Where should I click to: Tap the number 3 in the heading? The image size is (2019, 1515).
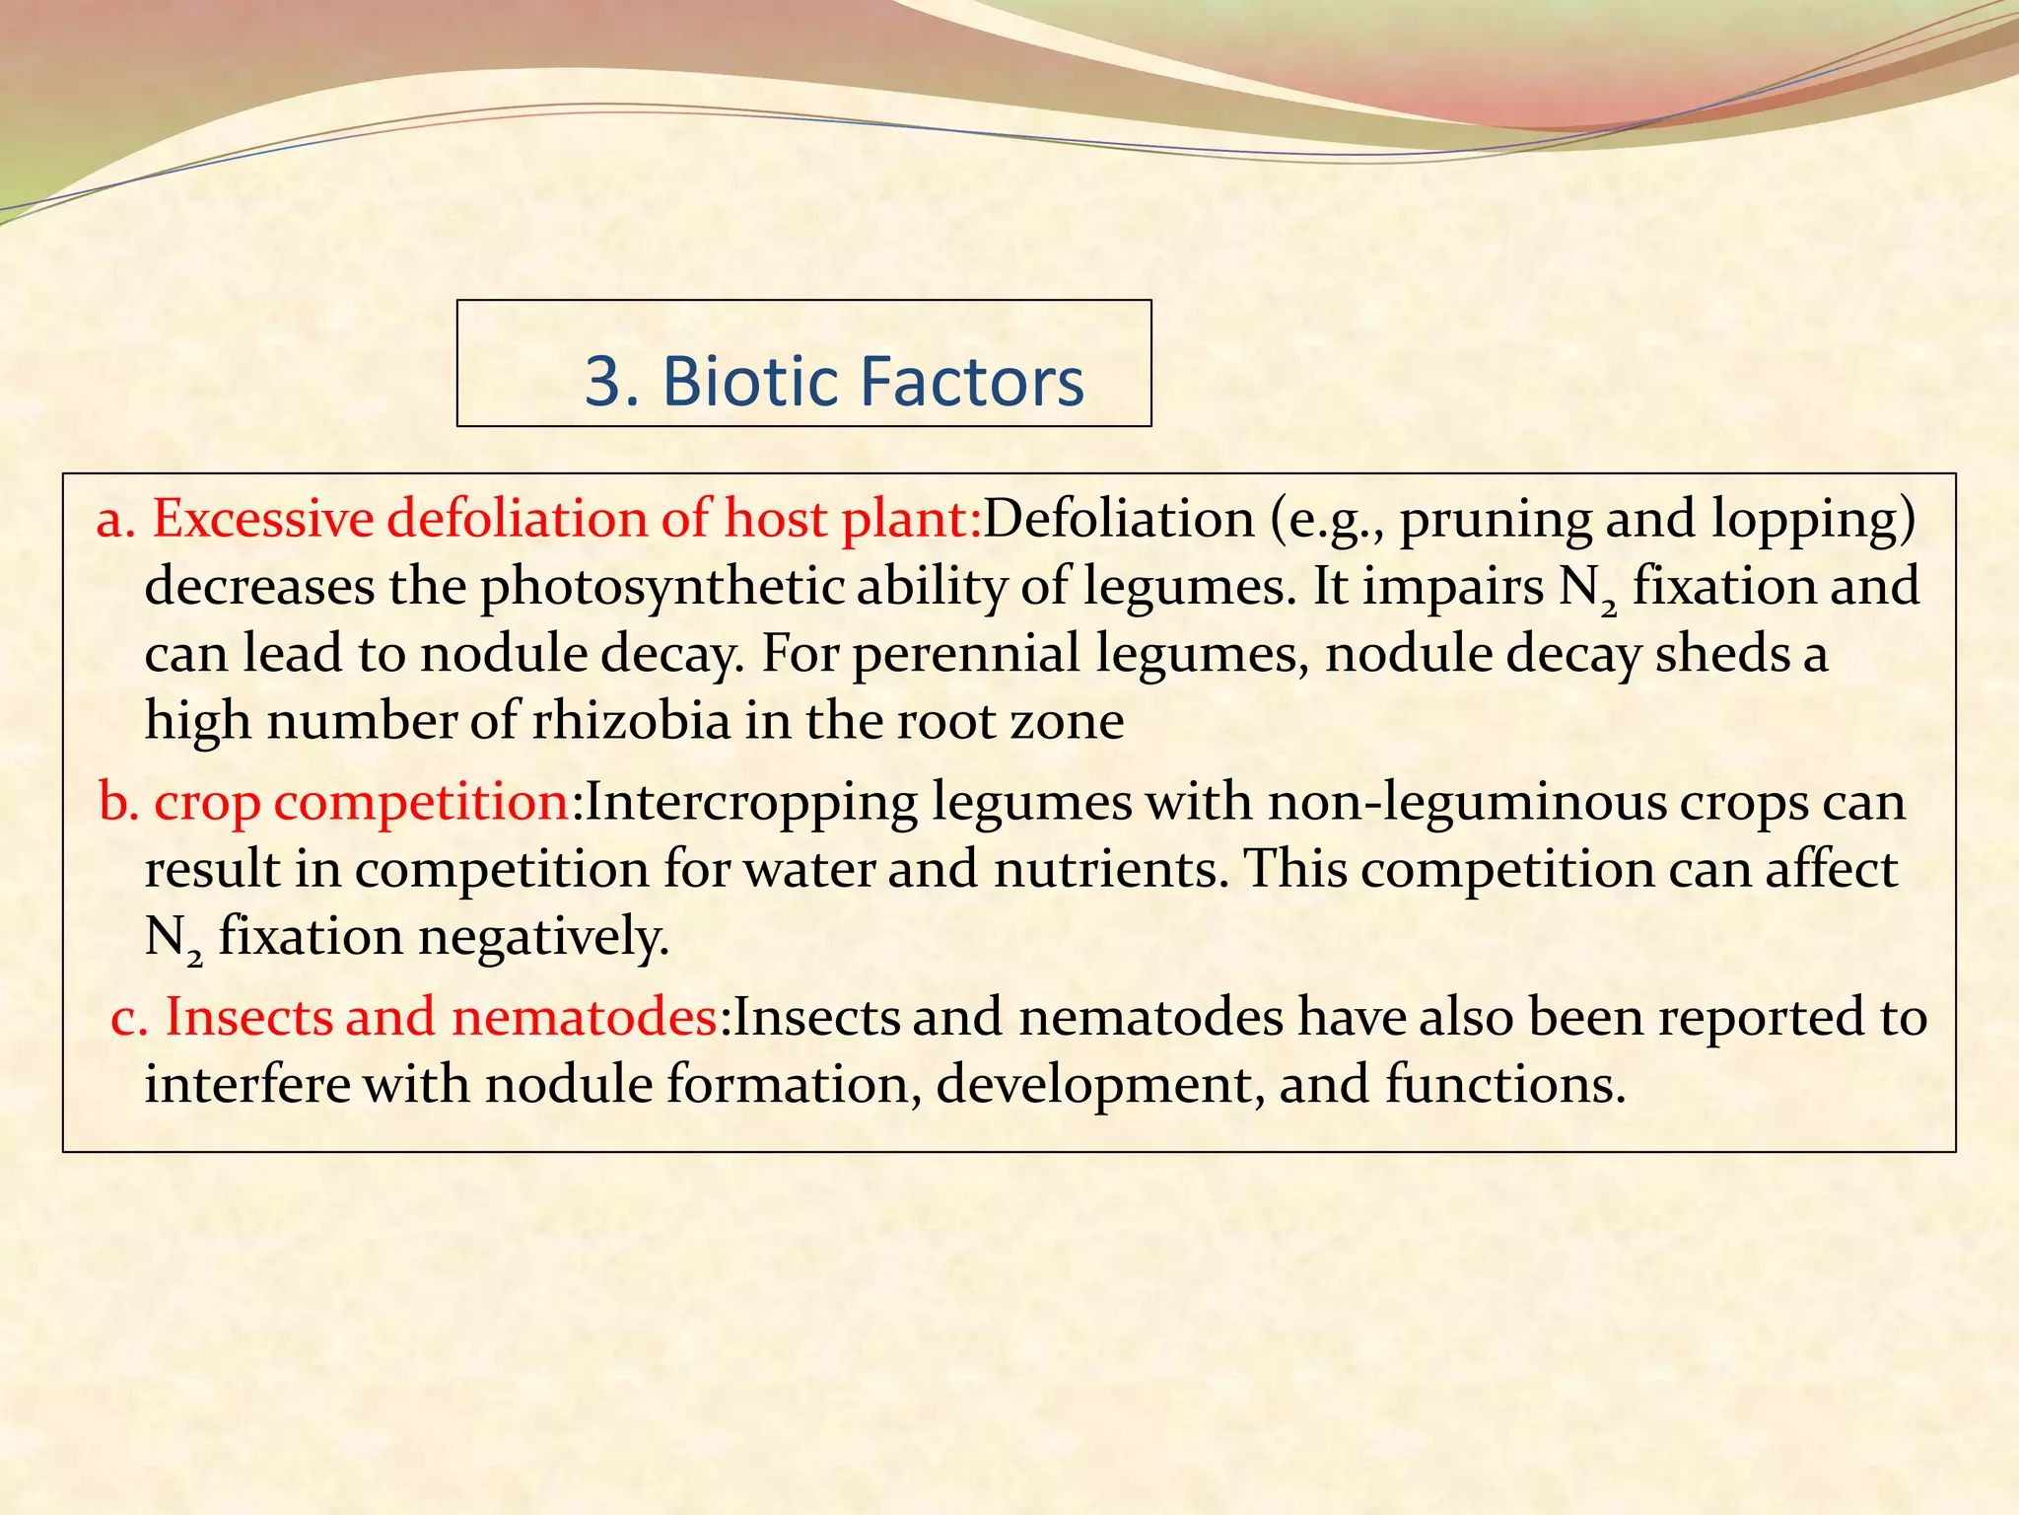click(x=604, y=381)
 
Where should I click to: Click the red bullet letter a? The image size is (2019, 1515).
click(x=114, y=521)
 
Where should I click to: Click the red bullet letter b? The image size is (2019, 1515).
click(x=116, y=801)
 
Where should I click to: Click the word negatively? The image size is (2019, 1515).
click(x=543, y=936)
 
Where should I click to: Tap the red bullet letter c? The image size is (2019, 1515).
click(x=128, y=1018)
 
